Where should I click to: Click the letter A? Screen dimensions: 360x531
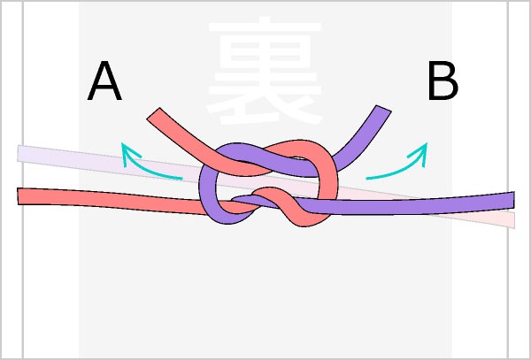(104, 83)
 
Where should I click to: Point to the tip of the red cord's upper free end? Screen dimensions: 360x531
(153, 115)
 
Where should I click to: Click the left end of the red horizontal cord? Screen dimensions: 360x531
(20, 195)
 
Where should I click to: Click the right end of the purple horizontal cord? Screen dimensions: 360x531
(512, 200)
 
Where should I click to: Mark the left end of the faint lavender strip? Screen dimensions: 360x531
(20, 154)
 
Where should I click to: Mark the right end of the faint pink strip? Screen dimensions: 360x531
(512, 219)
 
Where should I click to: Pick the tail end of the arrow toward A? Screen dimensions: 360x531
(181, 178)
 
